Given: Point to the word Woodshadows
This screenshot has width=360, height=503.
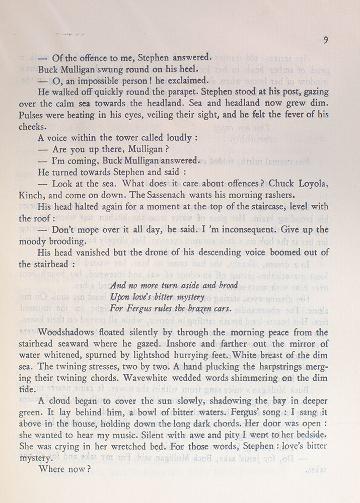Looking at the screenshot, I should coord(72,333).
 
